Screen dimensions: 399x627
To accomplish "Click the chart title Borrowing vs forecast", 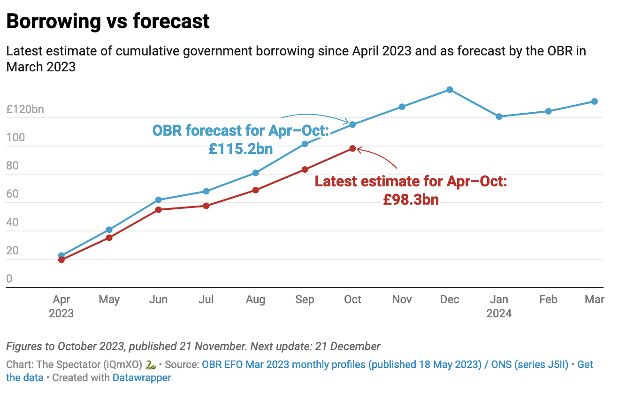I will tap(108, 22).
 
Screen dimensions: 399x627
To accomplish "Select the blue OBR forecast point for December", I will tap(450, 90).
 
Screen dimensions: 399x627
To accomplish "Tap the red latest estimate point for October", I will tap(352, 149).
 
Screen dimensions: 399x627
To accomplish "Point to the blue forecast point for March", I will tap(594, 101).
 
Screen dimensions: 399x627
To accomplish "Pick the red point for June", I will tap(159, 210).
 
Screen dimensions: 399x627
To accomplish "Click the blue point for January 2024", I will tap(499, 116).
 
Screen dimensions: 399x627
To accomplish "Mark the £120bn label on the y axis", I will tap(25, 110).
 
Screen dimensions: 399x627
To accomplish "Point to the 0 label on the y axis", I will tap(9, 279).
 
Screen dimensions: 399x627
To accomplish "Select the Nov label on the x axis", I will tap(402, 299).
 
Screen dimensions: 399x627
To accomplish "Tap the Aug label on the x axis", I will tap(255, 299).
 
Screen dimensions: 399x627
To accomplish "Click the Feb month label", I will tap(548, 299).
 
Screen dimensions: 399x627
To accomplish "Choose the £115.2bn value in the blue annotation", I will tap(241, 149).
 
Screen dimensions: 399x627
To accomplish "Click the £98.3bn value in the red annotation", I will tap(411, 199).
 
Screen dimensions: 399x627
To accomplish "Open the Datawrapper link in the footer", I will tap(142, 377).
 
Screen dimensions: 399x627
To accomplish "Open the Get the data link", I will tap(585, 365).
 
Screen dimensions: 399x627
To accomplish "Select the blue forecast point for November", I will tap(402, 107).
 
